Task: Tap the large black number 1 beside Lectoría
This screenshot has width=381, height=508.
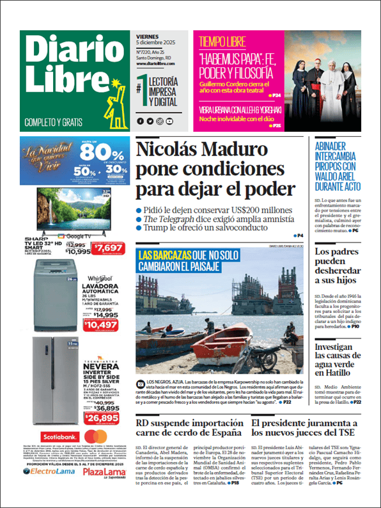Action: coord(141,88)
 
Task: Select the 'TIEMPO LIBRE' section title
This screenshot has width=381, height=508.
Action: coord(222,42)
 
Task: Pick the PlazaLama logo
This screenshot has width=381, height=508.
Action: coord(104,489)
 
